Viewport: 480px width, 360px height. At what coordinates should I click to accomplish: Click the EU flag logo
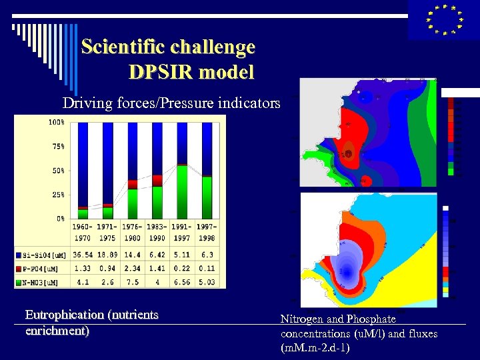443,19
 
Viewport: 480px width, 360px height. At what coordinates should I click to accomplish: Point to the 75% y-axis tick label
57,146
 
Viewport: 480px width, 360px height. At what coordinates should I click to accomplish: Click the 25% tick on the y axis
57,195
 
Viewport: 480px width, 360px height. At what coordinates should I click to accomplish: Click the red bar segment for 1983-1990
157,180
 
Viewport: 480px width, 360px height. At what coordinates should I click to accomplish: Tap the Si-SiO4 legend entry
44,255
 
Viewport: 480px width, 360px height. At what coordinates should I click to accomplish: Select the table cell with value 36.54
83,255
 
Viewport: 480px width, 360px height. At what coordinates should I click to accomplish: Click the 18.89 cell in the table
107,255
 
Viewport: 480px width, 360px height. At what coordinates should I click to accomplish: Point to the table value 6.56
182,281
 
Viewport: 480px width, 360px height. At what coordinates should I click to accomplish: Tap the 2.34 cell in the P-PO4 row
133,268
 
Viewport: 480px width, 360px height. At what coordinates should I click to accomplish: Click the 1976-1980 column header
133,233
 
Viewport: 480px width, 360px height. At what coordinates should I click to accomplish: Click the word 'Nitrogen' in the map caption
301,319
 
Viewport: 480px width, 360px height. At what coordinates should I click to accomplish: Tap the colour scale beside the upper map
451,137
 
